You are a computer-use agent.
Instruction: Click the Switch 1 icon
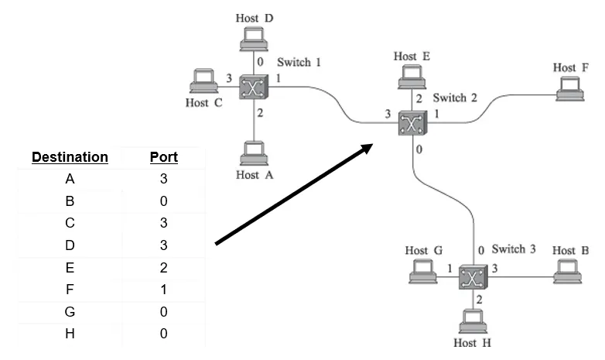pos(253,87)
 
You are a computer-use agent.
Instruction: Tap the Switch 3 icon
pos(469,278)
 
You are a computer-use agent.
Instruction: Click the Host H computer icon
pos(470,320)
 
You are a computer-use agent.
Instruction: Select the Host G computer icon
pos(423,271)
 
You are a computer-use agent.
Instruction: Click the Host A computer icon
pos(252,153)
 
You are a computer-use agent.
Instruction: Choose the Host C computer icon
pos(203,81)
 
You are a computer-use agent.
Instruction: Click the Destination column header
pos(70,157)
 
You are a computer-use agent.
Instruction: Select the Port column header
pos(163,157)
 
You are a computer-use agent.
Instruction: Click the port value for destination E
pos(163,267)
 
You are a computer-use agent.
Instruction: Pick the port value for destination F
pos(163,290)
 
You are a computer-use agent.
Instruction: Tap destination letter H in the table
pos(70,334)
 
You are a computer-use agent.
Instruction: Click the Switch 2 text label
pos(454,98)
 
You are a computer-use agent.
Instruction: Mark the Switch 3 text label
pos(513,249)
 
